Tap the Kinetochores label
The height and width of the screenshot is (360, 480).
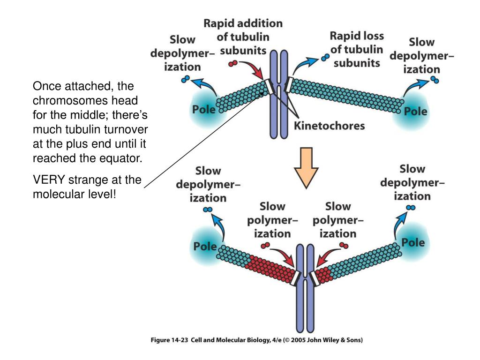click(329, 126)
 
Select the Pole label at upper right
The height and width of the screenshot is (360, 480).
click(416, 112)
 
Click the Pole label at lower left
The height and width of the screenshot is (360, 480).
click(205, 246)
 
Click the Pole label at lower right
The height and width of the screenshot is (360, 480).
click(413, 243)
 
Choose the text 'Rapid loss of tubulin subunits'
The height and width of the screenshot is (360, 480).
click(357, 49)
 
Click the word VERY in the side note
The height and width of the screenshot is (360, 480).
click(48, 180)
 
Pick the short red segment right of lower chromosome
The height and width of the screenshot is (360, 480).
click(323, 275)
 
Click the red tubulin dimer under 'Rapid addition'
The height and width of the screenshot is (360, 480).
click(233, 63)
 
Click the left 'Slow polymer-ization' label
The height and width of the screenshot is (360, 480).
click(271, 220)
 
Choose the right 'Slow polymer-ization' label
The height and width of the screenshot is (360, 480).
click(338, 220)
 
